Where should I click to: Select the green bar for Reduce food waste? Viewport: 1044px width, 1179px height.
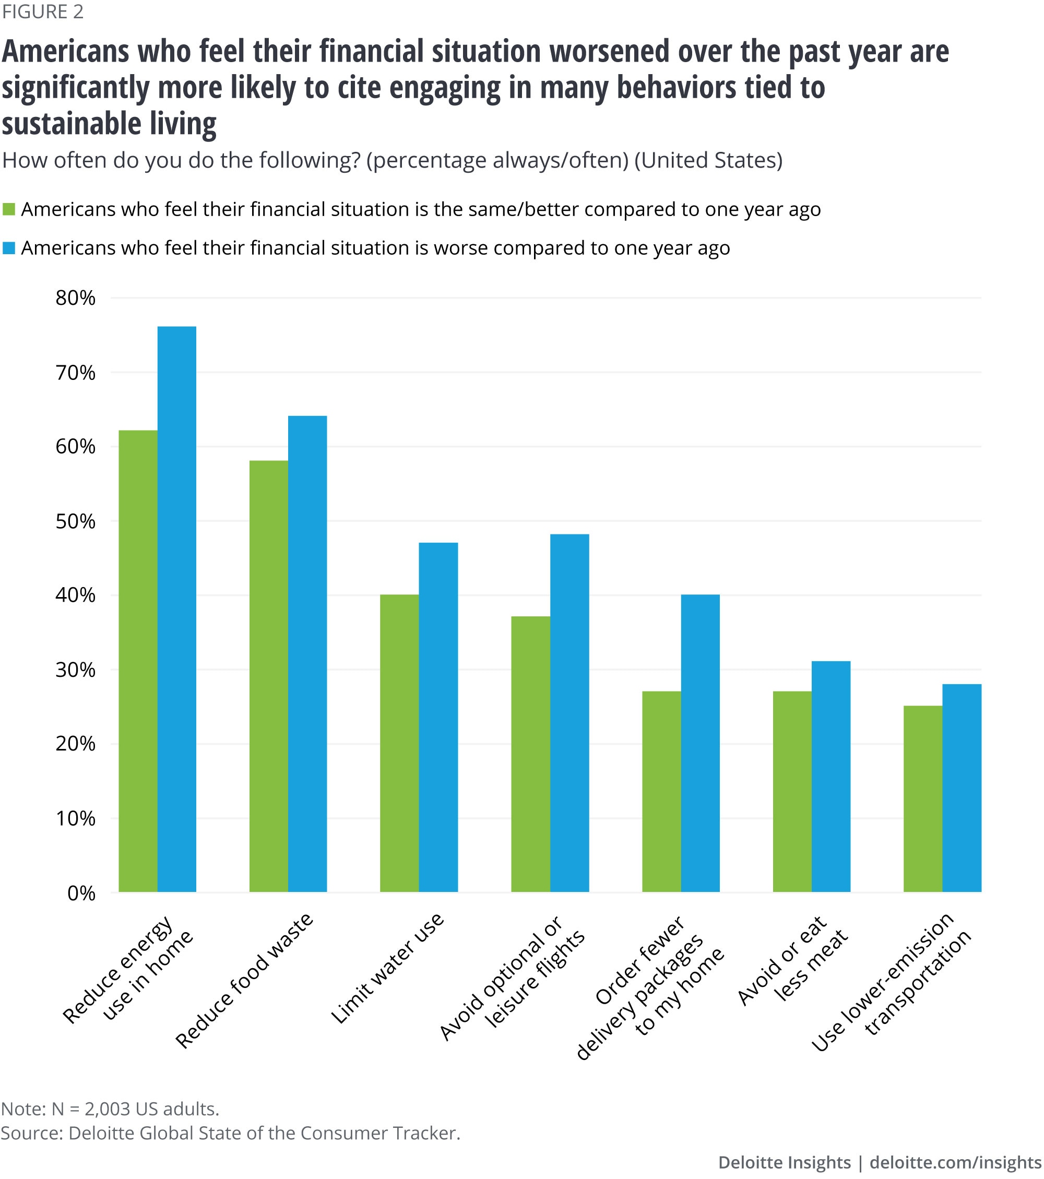point(269,675)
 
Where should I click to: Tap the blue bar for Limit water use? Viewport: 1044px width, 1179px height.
point(438,717)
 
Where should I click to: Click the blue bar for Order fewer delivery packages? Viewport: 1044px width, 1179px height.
point(700,743)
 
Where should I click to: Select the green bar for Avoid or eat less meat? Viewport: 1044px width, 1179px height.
point(792,791)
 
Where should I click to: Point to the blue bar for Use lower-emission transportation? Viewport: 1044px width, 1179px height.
point(962,788)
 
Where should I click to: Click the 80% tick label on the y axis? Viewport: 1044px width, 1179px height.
point(76,298)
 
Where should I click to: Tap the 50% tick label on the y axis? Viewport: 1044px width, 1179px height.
point(76,521)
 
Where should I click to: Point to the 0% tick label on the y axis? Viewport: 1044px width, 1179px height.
point(81,894)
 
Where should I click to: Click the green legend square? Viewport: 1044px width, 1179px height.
point(9,209)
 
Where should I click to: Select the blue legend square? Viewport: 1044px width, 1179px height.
point(9,248)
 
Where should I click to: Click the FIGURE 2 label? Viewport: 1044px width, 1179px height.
point(43,11)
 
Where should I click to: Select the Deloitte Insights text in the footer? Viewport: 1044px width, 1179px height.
point(785,1162)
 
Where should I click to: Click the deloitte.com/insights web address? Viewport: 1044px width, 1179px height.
point(955,1162)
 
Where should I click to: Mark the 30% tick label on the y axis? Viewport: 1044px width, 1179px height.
point(76,670)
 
